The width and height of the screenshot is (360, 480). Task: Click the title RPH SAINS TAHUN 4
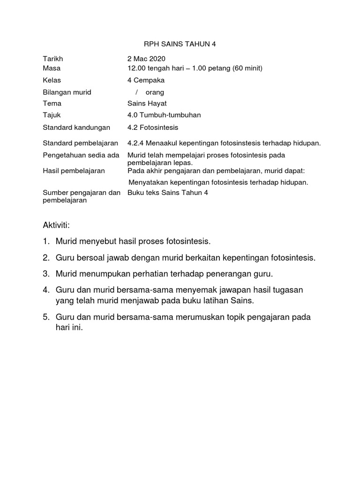click(180, 44)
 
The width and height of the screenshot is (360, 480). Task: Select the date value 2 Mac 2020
click(146, 59)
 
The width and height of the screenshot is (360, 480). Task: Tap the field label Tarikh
click(53, 59)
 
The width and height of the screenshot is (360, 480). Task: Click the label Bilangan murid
click(67, 92)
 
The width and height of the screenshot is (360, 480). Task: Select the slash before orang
click(136, 92)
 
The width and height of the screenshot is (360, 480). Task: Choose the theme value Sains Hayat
click(147, 104)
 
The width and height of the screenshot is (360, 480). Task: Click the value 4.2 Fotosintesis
click(153, 127)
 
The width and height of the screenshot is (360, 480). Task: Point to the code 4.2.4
click(136, 143)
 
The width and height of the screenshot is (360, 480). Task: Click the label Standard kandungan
click(76, 127)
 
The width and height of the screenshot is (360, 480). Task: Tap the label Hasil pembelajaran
click(74, 171)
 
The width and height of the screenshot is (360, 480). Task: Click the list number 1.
click(46, 242)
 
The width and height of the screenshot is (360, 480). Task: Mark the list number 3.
click(46, 273)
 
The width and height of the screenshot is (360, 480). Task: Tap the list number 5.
click(46, 317)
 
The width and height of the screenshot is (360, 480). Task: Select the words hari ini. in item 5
click(68, 328)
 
